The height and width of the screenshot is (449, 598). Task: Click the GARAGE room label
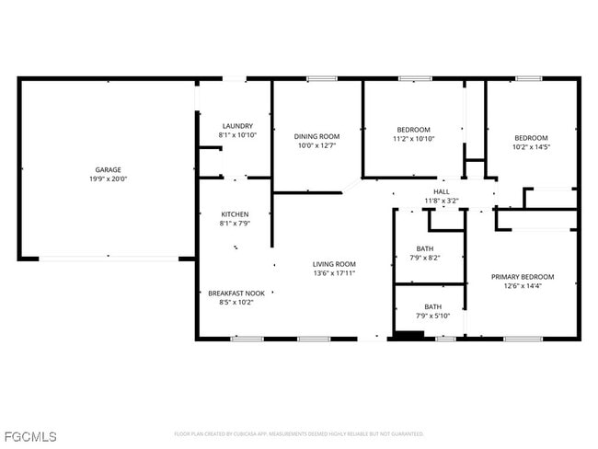(x=108, y=169)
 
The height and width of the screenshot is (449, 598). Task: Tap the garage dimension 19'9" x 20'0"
(x=108, y=178)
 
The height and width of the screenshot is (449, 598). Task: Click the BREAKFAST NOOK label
(x=236, y=294)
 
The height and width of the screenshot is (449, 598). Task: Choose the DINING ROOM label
(x=317, y=136)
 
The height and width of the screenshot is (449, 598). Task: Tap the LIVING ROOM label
(x=334, y=263)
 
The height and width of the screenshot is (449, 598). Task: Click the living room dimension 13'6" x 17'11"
(x=334, y=272)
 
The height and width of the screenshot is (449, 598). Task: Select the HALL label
(x=442, y=190)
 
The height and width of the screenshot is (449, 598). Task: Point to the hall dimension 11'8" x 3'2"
(x=442, y=200)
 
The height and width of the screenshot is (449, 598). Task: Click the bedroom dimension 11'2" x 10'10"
(x=413, y=139)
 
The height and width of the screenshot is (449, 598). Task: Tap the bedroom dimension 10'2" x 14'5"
(x=531, y=146)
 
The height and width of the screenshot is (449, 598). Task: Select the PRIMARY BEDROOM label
(x=523, y=277)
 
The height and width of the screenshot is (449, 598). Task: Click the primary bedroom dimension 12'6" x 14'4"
(x=523, y=286)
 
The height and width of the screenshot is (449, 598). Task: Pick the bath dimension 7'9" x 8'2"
(x=425, y=258)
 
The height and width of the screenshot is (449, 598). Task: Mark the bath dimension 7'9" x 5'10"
(x=432, y=317)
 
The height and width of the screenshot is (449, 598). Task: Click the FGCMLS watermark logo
(x=29, y=436)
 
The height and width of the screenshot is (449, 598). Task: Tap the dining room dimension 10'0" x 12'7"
(x=317, y=145)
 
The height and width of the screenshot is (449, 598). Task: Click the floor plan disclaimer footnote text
(x=298, y=433)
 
